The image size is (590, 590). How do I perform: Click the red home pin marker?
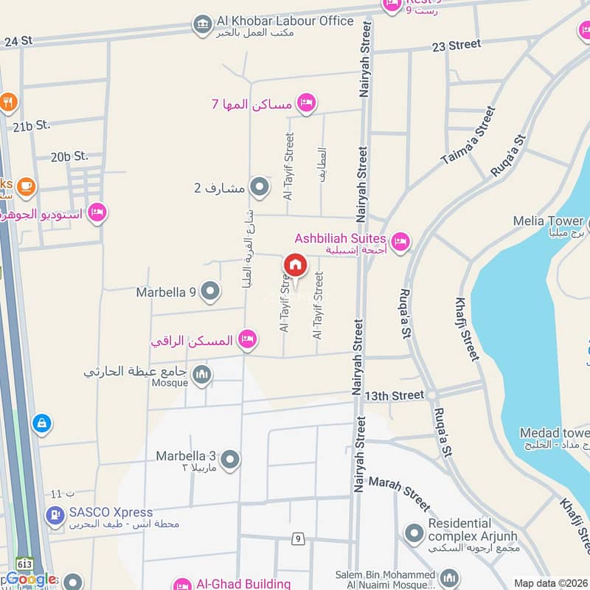[x=295, y=265]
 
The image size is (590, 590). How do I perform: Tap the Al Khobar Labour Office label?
[x=284, y=21]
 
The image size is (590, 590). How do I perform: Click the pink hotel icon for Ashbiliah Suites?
[x=400, y=241]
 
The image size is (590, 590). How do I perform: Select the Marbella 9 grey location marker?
[x=210, y=292]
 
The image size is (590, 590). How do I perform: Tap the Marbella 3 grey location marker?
[x=230, y=459]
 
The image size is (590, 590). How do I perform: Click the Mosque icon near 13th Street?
[x=201, y=376]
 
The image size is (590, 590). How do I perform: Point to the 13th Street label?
[x=398, y=396]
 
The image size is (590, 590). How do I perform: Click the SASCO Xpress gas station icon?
[x=55, y=516]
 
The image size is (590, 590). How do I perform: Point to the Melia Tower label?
[x=549, y=221]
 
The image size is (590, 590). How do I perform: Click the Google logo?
[x=30, y=580]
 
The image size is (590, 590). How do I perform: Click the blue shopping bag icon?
[x=42, y=423]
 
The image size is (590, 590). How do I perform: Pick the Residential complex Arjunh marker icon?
[x=414, y=531]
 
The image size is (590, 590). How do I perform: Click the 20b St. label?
[x=69, y=156]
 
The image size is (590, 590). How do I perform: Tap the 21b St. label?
[x=31, y=125]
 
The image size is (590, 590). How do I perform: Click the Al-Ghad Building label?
[x=243, y=584]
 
